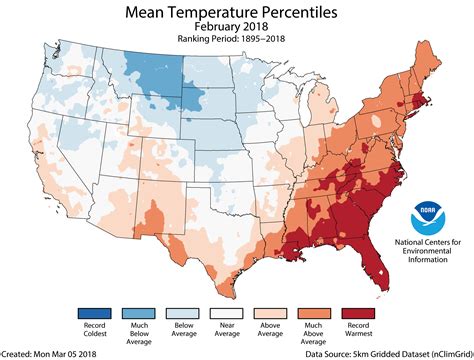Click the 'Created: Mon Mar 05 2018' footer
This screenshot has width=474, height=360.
pos(50,352)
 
